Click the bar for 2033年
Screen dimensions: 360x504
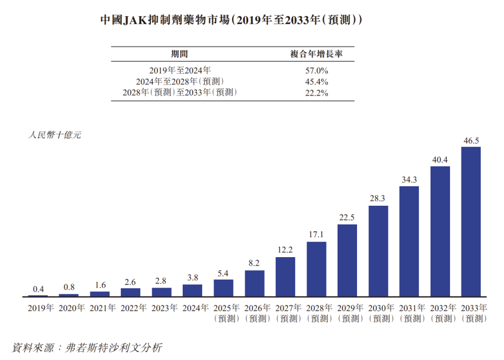pos(470,221)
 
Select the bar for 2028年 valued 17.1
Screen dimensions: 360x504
pos(316,269)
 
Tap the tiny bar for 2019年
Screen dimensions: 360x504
pos(38,295)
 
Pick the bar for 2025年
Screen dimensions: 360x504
pos(223,288)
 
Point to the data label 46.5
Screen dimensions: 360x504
pos(470,141)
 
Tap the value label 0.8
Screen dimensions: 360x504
pos(69,288)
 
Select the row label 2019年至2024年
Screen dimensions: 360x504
pos(180,70)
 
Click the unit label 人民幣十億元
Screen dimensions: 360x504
pos(55,135)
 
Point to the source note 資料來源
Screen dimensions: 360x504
pos(87,347)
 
